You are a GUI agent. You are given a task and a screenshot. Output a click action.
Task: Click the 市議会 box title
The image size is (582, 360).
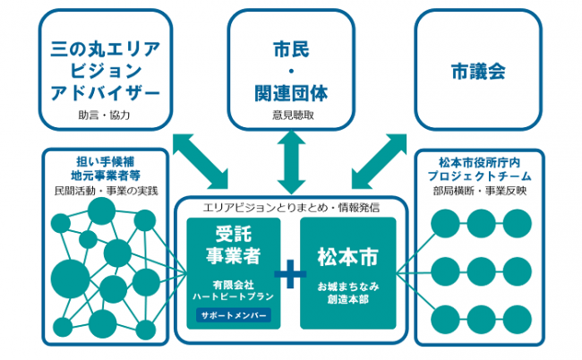point(477,69)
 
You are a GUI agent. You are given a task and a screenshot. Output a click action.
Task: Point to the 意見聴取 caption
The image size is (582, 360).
point(291,116)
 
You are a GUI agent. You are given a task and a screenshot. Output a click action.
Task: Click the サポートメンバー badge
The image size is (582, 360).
point(232,316)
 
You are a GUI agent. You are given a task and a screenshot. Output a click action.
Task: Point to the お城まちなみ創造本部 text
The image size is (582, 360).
point(347,293)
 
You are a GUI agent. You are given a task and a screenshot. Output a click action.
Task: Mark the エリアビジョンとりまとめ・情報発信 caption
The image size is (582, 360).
point(290,208)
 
